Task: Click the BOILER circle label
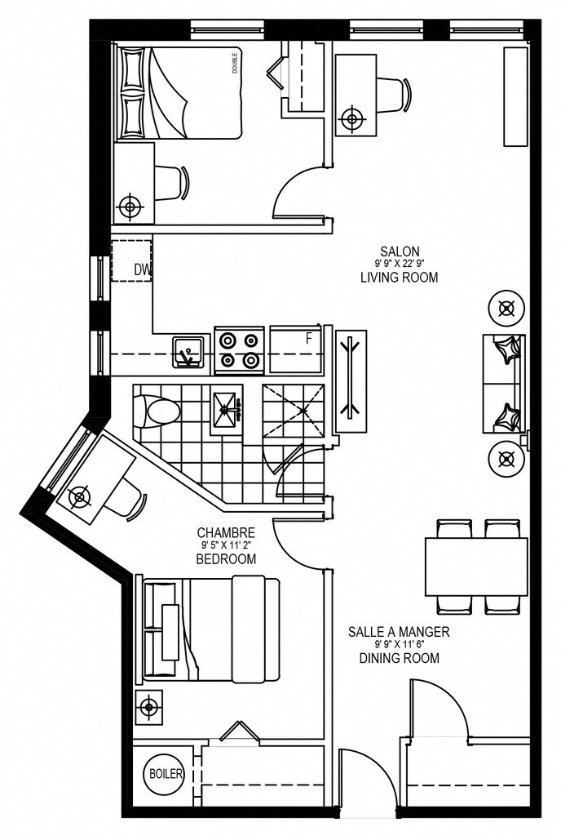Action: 166,774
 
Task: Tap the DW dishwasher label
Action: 142,271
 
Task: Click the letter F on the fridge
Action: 308,339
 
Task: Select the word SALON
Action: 400,251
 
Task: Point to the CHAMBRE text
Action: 226,532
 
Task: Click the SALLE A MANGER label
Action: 399,632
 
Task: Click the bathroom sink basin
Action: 227,410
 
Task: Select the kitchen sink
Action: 188,351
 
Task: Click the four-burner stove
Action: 240,350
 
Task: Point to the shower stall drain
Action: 303,411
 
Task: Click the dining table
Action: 476,567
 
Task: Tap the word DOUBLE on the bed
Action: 235,63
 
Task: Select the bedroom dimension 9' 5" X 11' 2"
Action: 226,545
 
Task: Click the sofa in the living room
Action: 504,384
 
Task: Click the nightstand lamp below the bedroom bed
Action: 148,708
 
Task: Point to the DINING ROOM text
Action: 400,658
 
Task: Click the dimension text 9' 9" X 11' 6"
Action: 400,644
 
